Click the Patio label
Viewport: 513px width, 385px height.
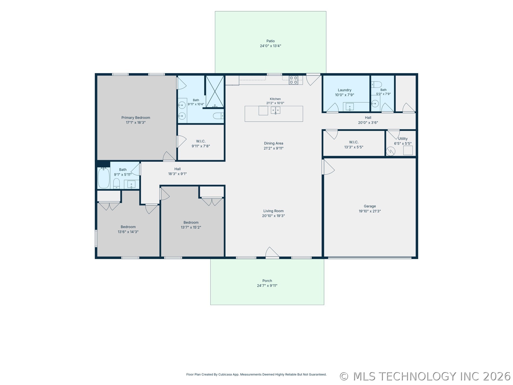click(x=270, y=41)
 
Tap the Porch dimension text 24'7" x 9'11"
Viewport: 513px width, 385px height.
click(x=267, y=286)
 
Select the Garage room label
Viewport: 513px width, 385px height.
click(x=370, y=206)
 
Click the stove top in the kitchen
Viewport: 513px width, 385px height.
click(x=293, y=80)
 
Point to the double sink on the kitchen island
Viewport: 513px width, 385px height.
click(x=275, y=110)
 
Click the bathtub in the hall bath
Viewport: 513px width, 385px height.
click(x=104, y=178)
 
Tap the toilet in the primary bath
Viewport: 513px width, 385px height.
click(x=218, y=116)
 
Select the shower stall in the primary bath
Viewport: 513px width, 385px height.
click(x=215, y=92)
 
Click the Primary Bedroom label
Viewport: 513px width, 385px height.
click(x=136, y=118)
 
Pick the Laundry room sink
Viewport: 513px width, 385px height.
click(x=350, y=107)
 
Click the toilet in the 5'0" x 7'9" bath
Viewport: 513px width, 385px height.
click(x=376, y=84)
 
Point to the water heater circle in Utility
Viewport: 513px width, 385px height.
click(x=390, y=151)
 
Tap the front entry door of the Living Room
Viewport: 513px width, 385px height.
click(x=272, y=253)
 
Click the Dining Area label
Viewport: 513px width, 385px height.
click(x=274, y=143)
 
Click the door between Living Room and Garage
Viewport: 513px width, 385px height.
click(x=328, y=167)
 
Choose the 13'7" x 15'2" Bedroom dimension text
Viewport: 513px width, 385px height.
click(x=191, y=227)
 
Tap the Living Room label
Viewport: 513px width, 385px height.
click(x=274, y=211)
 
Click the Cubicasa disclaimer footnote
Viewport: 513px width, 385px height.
click(x=256, y=374)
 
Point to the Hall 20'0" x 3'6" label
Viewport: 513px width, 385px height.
click(x=368, y=120)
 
